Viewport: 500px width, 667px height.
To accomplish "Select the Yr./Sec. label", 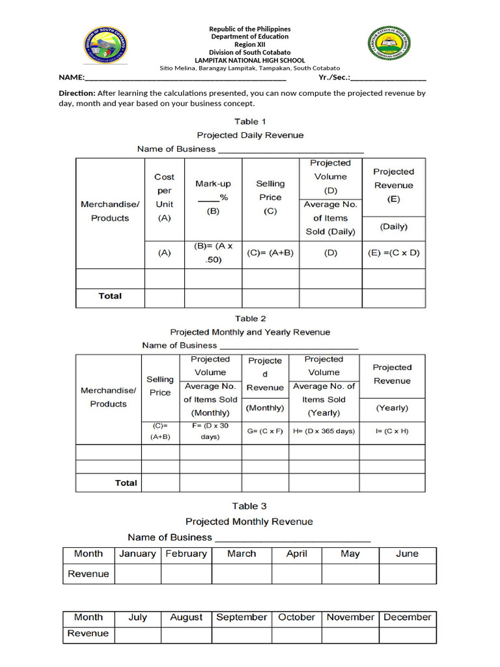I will click(x=334, y=77).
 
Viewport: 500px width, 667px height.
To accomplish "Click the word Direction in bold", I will click(x=77, y=93).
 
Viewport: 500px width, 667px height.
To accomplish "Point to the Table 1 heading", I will click(x=250, y=121).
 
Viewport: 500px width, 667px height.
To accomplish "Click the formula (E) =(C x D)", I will click(x=393, y=253).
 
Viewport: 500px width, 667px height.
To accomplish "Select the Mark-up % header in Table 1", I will click(x=213, y=197).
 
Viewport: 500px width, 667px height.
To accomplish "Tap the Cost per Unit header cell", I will click(x=164, y=197).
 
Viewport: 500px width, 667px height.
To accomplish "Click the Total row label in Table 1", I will click(x=110, y=296).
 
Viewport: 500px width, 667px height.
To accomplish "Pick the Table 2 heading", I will click(x=250, y=319).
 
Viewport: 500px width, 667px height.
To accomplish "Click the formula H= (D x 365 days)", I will click(x=324, y=431).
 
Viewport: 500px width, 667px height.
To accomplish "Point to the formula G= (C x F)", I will click(x=264, y=431).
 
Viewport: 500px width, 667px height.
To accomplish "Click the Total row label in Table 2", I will click(x=126, y=483).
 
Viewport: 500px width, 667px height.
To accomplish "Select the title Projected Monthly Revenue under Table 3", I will click(x=249, y=521).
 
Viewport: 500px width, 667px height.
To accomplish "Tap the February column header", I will click(x=186, y=554).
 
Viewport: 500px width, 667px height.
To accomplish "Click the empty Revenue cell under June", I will click(x=408, y=574).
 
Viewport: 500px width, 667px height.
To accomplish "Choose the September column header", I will click(x=242, y=617).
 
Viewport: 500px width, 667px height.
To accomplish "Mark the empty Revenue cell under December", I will click(x=408, y=634).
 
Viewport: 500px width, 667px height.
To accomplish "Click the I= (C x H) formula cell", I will click(x=392, y=431).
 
